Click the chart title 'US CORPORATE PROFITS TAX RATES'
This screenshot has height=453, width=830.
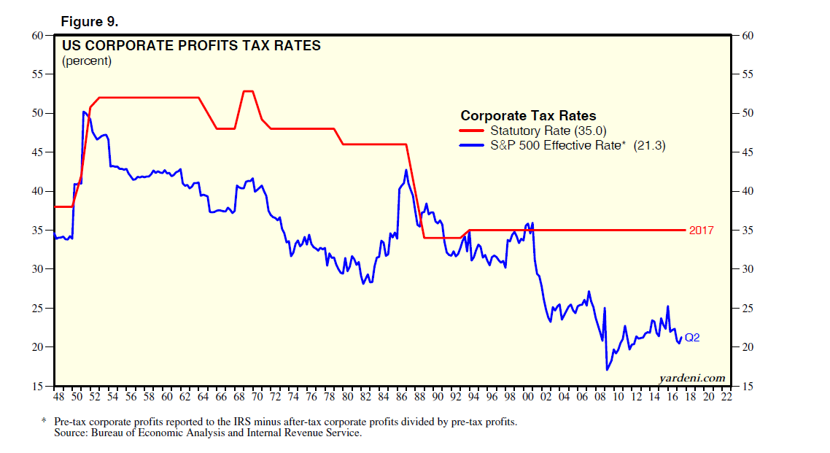[x=191, y=46]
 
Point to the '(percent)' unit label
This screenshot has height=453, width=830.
[x=87, y=61]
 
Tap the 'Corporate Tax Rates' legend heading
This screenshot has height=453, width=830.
[x=528, y=115]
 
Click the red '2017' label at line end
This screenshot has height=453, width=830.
[x=701, y=230]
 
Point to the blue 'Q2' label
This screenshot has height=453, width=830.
[x=693, y=337]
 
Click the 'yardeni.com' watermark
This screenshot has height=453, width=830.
[x=691, y=377]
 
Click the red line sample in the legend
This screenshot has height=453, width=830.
[x=472, y=131]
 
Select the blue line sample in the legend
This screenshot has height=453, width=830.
[x=472, y=146]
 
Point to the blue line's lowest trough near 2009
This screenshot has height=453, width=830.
[x=607, y=370]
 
